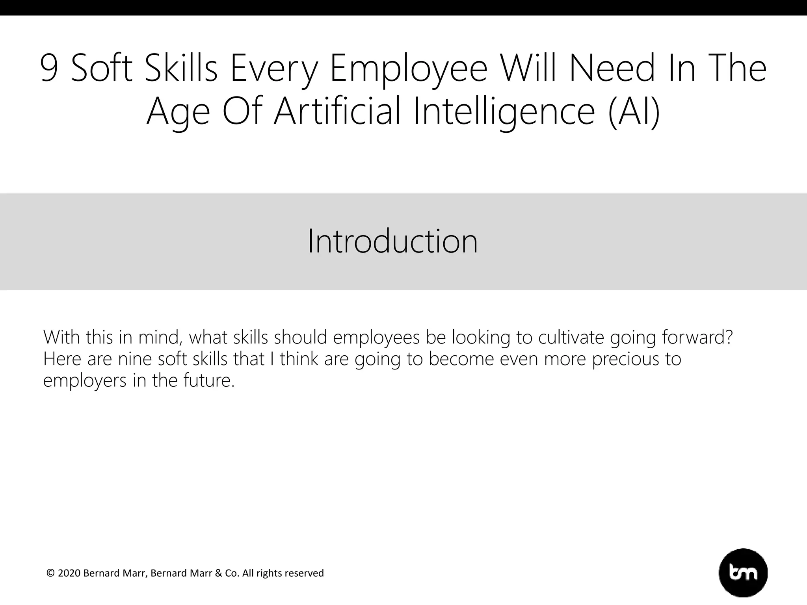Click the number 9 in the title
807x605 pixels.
tap(49, 69)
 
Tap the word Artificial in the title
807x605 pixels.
tap(337, 111)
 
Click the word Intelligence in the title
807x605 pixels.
tap(504, 111)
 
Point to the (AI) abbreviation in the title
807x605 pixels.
tap(634, 111)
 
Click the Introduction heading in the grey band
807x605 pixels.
tap(392, 241)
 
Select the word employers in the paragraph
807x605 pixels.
tap(85, 381)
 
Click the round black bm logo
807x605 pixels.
tap(743, 573)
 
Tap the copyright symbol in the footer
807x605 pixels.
tap(50, 573)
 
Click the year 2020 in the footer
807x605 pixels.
tap(69, 573)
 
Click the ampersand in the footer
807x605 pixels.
tap(219, 573)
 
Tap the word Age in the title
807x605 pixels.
tap(178, 111)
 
